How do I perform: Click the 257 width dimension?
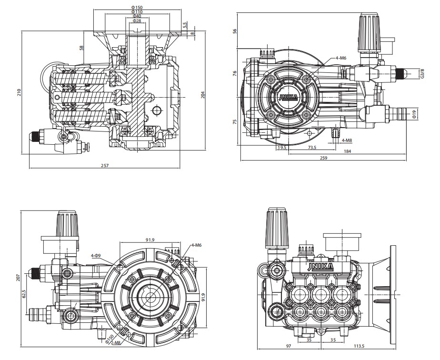(105, 165)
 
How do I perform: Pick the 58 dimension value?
(81, 48)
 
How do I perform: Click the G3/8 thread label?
(422, 73)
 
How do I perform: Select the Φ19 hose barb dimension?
(414, 113)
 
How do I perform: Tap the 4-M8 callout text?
(347, 140)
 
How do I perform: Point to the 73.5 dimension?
(312, 148)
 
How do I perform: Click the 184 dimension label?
(347, 151)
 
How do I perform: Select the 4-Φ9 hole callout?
(96, 256)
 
